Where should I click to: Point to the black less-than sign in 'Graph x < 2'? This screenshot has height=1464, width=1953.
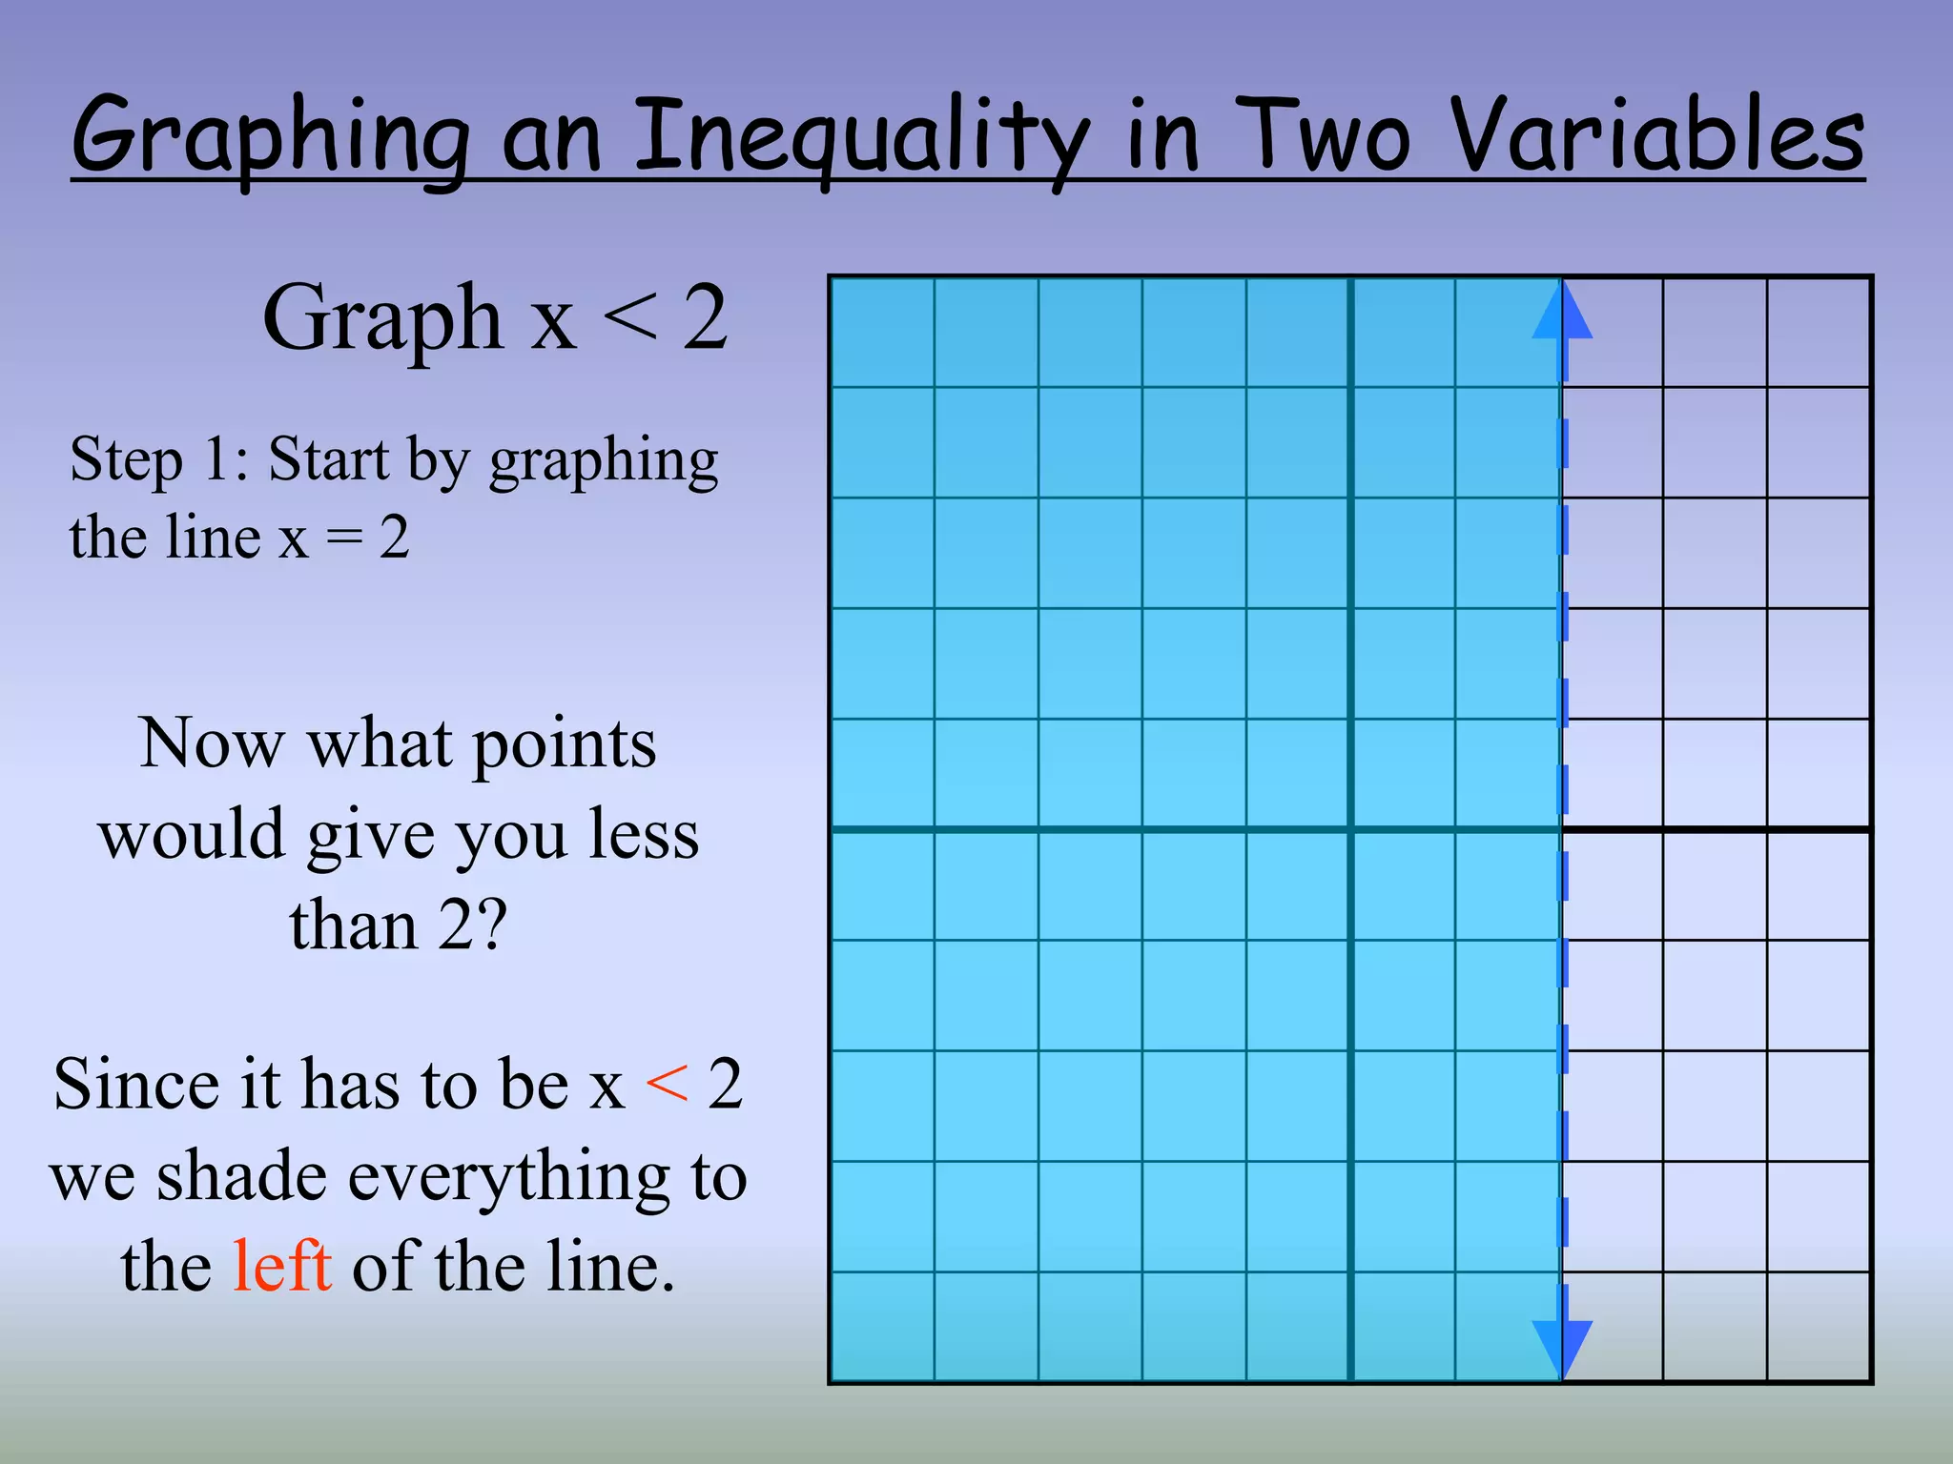630,318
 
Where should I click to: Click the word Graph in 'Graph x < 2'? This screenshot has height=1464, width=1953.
382,318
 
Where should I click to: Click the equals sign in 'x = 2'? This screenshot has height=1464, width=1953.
344,539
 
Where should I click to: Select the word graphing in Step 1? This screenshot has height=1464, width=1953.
603,461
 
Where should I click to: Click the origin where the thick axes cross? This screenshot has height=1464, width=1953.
1350,830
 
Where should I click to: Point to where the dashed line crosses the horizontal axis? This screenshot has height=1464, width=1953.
1562,830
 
